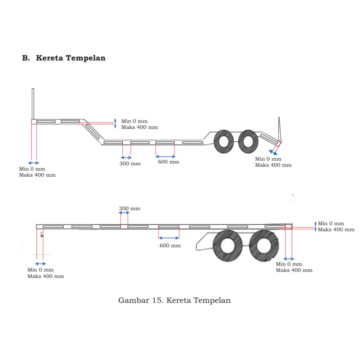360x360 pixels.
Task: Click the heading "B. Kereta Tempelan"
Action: [x=64, y=58]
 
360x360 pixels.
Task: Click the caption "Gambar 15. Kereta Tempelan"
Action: [x=174, y=300]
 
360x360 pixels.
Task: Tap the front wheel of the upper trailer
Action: [x=224, y=141]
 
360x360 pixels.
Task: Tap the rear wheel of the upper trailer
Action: [x=248, y=141]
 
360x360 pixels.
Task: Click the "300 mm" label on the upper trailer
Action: [x=130, y=163]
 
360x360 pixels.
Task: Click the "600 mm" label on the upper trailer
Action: [x=168, y=162]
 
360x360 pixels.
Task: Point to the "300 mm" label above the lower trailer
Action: [x=129, y=208]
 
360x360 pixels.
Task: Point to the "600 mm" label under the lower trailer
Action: [x=170, y=245]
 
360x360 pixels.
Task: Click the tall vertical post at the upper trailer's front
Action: [x=33, y=104]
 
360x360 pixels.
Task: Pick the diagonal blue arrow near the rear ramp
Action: [x=273, y=152]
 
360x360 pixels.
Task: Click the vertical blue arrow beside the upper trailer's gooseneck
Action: [x=115, y=123]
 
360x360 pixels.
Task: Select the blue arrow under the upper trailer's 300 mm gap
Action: [x=126, y=157]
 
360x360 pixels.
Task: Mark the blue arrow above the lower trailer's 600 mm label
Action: [x=169, y=238]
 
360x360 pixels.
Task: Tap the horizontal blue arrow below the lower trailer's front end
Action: [x=40, y=263]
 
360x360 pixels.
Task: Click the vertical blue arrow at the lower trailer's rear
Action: [x=315, y=226]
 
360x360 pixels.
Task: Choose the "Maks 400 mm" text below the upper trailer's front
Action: [x=37, y=175]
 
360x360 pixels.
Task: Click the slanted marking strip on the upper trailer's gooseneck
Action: [x=93, y=130]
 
